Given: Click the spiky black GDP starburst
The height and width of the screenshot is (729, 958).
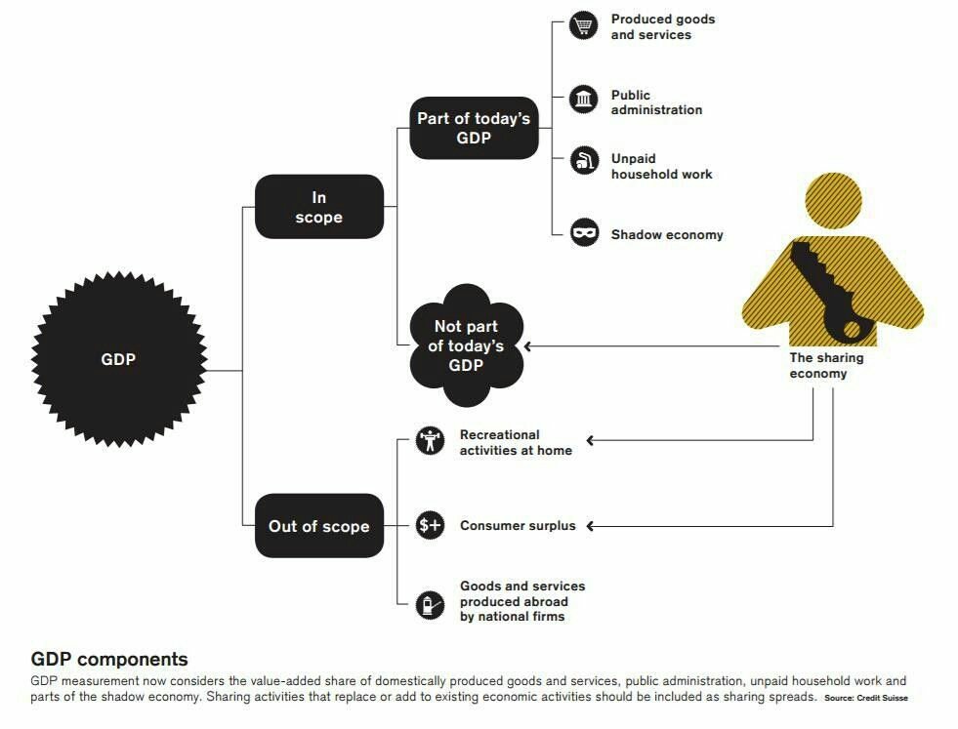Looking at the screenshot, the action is pos(118,359).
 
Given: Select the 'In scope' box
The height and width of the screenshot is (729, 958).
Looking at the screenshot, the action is pos(318,207).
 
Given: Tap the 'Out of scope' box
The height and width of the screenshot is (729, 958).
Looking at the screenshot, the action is pos(318,526).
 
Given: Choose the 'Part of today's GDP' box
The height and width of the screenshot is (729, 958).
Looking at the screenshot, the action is pos(474,128).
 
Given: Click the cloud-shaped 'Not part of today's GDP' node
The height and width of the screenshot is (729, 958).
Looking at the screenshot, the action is pos(466,345).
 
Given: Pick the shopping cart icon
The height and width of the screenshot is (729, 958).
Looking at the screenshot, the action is pos(584,26).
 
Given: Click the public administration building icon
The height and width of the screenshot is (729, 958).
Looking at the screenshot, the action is pos(584,99).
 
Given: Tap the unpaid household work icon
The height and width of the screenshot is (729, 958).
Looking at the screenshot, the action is pos(584,161).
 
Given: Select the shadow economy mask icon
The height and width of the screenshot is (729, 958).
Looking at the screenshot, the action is pos(584,233).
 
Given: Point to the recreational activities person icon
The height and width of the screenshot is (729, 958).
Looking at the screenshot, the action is pos(430,440).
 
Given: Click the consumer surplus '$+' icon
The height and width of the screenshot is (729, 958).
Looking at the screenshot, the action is pos(430,525).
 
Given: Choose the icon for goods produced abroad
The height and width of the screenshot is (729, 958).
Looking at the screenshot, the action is pos(430,604).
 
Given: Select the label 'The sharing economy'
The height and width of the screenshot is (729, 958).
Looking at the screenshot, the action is pos(826,365).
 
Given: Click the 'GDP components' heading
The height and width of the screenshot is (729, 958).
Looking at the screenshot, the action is pos(109,659).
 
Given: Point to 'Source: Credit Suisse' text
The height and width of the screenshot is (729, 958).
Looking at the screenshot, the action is pos(865,699).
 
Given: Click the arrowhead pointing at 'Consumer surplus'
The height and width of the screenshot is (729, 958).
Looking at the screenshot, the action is pos(591,526).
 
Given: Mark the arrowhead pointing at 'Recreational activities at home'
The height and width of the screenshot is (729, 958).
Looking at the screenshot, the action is pos(591,441).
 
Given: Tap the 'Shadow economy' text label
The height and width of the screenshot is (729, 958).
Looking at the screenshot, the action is pos(667,235).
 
